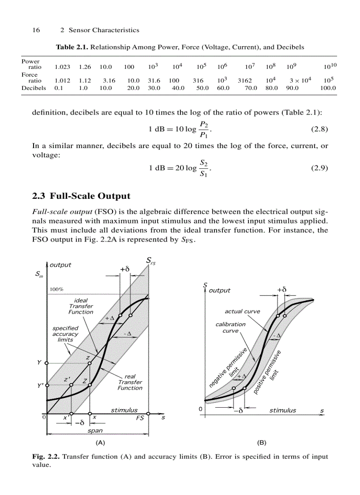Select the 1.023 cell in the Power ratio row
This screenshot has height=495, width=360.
pyautogui.click(x=61, y=67)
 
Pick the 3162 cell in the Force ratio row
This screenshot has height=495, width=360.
pyautogui.click(x=244, y=81)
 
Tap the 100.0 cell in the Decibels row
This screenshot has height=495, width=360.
pyautogui.click(x=328, y=88)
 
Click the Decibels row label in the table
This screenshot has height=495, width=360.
pyautogui.click(x=34, y=88)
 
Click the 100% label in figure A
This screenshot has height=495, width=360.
pyautogui.click(x=56, y=290)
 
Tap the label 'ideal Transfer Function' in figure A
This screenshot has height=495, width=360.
pyautogui.click(x=81, y=306)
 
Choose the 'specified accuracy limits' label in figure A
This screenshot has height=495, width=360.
pyautogui.click(x=65, y=334)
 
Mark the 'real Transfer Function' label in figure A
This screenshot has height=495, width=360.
pyautogui.click(x=130, y=382)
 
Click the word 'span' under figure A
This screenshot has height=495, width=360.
pyautogui.click(x=95, y=431)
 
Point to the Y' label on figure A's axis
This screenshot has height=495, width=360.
pyautogui.click(x=40, y=385)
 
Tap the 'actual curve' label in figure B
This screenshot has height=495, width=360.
pyautogui.click(x=242, y=311)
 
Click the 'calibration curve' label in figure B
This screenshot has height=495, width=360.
pyautogui.click(x=230, y=328)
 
